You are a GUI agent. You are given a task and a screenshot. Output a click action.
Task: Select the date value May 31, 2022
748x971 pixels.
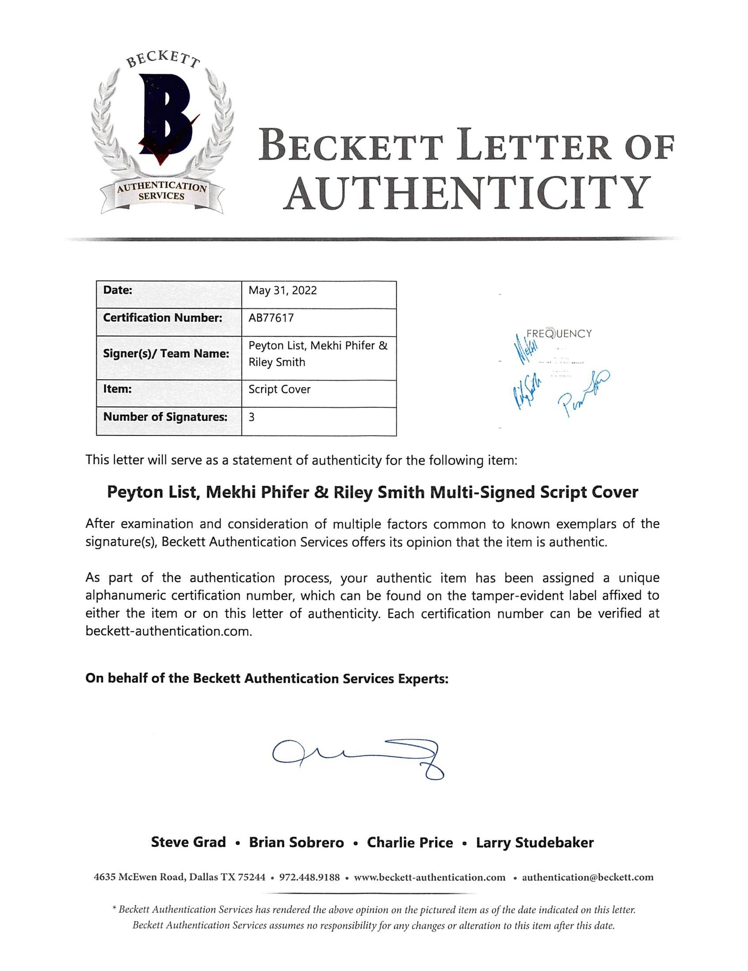pyautogui.click(x=282, y=290)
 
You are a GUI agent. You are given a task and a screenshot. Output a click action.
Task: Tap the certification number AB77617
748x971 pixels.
pyautogui.click(x=271, y=318)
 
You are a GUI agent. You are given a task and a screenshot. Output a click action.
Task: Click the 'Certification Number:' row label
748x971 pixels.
pyautogui.click(x=162, y=318)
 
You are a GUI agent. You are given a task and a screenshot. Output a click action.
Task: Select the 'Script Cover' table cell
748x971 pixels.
pyautogui.click(x=279, y=389)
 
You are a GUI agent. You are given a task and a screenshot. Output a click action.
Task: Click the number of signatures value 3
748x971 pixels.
pyautogui.click(x=252, y=417)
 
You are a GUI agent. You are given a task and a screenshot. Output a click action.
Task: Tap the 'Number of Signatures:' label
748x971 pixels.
pyautogui.click(x=165, y=417)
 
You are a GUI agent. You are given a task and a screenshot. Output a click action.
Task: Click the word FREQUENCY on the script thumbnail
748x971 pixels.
pyautogui.click(x=559, y=334)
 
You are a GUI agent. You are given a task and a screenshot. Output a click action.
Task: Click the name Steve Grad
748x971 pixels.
pyautogui.click(x=188, y=842)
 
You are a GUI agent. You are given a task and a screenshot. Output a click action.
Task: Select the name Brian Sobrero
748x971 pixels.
pyautogui.click(x=296, y=842)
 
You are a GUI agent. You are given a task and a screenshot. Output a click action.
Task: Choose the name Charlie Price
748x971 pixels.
pyautogui.click(x=410, y=842)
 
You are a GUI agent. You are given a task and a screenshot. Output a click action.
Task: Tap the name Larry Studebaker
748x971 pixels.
pyautogui.click(x=535, y=842)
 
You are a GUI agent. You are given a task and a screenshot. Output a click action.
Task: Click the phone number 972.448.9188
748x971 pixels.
pyautogui.click(x=309, y=877)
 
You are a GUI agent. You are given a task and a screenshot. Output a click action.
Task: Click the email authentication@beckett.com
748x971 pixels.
pyautogui.click(x=587, y=877)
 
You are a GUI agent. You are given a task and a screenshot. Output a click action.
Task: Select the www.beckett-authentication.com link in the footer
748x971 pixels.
pyautogui.click(x=429, y=877)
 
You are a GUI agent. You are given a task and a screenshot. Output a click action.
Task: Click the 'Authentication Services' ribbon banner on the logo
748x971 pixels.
pyautogui.click(x=161, y=191)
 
